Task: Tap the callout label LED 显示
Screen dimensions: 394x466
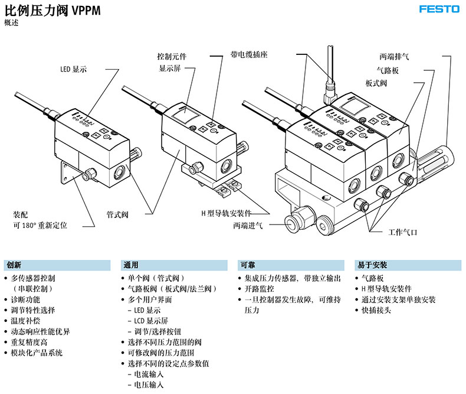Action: click(x=73, y=69)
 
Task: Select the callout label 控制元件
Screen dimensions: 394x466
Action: click(x=172, y=57)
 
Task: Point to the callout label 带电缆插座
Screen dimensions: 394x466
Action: click(x=249, y=54)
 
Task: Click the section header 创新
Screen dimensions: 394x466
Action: click(x=13, y=265)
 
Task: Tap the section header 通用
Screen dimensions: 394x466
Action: click(x=131, y=265)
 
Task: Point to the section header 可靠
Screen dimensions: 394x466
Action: click(x=248, y=265)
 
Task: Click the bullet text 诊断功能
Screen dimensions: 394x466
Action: click(x=25, y=299)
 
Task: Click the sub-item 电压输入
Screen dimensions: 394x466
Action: click(x=149, y=385)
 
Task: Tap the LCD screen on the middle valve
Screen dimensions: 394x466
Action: click(x=185, y=116)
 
